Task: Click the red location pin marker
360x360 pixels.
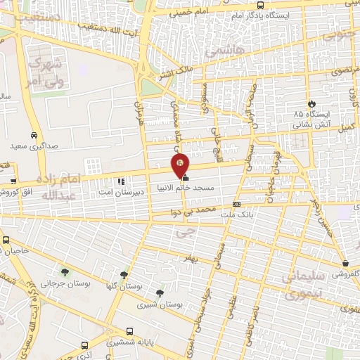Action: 180,165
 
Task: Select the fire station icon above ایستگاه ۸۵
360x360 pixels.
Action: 312,103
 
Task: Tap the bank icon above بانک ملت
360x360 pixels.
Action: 236,205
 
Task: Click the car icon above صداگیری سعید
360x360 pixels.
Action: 34,136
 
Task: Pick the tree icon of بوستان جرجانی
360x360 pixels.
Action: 65,271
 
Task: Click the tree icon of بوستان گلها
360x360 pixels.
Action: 124,275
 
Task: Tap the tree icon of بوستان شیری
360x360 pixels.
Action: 160,293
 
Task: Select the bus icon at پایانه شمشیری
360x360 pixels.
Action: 129,331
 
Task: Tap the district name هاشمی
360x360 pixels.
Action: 222,50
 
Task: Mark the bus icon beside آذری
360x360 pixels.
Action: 85,346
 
